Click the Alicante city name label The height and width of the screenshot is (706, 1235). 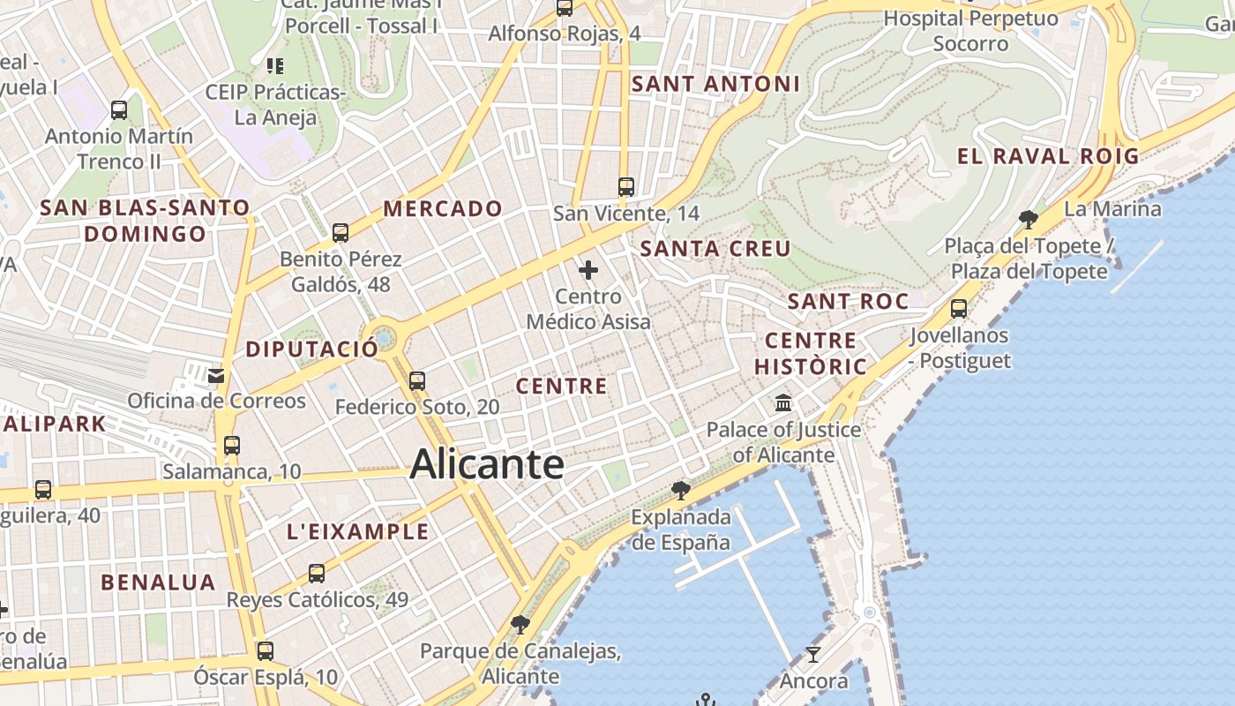click(x=486, y=464)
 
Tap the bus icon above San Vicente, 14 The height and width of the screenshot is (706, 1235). click(x=626, y=187)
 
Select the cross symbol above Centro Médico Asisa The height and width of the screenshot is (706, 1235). click(x=588, y=270)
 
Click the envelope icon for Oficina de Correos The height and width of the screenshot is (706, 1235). click(x=216, y=376)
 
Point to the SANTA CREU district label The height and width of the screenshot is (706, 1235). click(x=715, y=249)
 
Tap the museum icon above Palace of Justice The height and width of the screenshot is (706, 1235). click(x=782, y=403)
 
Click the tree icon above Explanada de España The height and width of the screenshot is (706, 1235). click(x=680, y=490)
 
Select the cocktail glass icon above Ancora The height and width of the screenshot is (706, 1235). click(x=812, y=655)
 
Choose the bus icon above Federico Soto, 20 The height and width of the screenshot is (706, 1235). click(x=417, y=381)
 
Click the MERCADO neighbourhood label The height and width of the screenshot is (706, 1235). click(x=443, y=209)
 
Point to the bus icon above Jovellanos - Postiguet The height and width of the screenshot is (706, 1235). click(x=959, y=309)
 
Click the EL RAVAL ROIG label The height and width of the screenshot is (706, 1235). click(x=1048, y=157)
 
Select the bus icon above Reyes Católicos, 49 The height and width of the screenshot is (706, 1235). click(x=317, y=574)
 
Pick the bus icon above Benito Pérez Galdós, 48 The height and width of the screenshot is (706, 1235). click(x=341, y=233)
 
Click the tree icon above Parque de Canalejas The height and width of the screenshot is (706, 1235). click(x=520, y=625)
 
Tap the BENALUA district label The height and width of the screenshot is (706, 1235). click(x=158, y=582)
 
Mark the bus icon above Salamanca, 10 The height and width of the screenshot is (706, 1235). click(x=232, y=446)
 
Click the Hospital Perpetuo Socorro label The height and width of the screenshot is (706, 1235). click(x=970, y=30)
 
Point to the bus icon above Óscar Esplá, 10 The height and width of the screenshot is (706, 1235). click(x=265, y=651)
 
